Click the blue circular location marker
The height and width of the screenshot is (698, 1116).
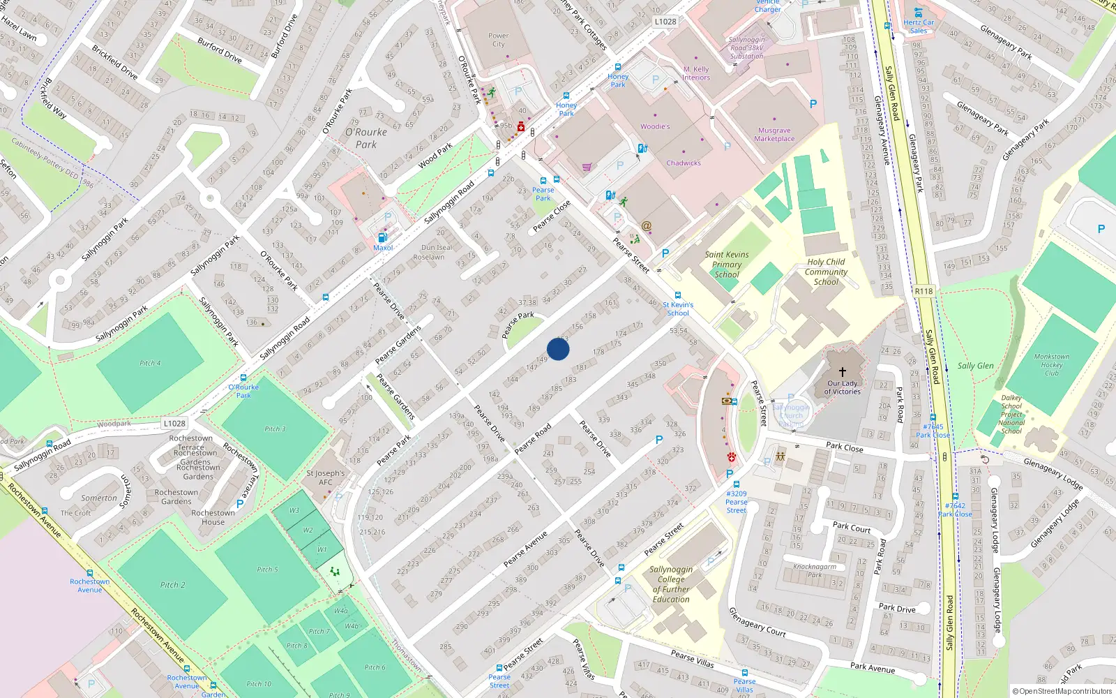click(x=558, y=349)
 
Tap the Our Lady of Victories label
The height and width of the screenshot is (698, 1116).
click(x=843, y=387)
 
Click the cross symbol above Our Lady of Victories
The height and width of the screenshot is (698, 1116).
click(x=843, y=372)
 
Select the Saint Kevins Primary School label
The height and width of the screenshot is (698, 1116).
click(x=727, y=265)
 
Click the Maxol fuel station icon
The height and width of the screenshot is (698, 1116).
click(x=382, y=238)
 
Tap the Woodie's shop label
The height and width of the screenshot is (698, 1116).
click(x=655, y=126)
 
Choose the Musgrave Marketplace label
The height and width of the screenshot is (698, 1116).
click(x=774, y=135)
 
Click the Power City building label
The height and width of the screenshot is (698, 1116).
click(x=499, y=40)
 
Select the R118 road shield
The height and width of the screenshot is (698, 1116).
click(x=923, y=291)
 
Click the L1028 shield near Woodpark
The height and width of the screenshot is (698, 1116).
click(x=174, y=423)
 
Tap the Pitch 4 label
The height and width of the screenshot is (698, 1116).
click(x=150, y=363)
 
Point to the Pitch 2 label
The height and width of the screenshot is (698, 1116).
click(x=173, y=585)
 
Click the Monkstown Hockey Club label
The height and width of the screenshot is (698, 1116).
click(x=1052, y=364)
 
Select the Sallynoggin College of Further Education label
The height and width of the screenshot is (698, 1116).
click(x=671, y=584)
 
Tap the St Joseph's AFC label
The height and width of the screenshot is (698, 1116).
click(x=326, y=477)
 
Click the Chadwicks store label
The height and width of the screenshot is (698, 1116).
click(x=684, y=163)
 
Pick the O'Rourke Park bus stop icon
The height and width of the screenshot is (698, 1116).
click(x=243, y=378)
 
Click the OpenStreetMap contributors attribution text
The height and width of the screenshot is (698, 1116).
click(x=1062, y=691)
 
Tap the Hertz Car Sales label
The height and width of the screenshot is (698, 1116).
click(x=919, y=27)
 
